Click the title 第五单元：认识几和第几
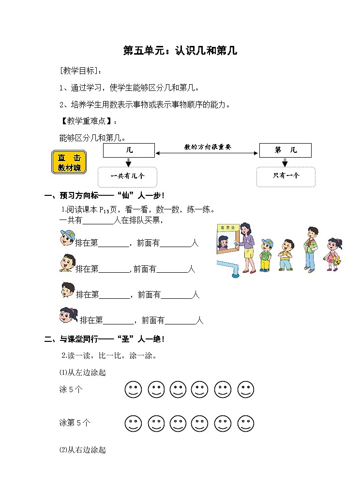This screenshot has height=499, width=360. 180,50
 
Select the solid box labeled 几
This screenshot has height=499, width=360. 129,150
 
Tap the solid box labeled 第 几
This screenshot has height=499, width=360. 285,150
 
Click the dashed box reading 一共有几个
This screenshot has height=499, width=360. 128,176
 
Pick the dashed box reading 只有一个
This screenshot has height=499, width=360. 286,176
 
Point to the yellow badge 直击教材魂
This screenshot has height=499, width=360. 69,162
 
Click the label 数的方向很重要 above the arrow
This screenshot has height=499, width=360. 207,147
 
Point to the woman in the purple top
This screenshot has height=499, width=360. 246,247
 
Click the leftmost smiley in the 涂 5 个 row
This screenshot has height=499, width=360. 133,389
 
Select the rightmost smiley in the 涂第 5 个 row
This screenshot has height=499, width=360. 246,423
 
